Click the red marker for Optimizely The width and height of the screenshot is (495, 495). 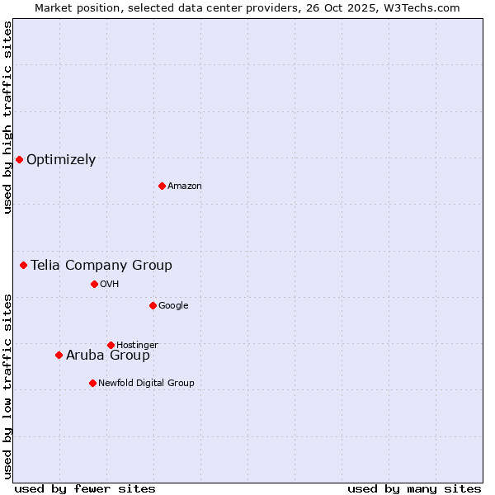click(x=19, y=159)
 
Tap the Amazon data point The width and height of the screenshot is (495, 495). click(x=162, y=186)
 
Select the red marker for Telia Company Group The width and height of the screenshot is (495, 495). click(x=24, y=265)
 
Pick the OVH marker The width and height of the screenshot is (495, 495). click(x=94, y=284)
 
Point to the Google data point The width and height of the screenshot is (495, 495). click(x=153, y=305)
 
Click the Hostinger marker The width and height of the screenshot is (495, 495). click(x=111, y=345)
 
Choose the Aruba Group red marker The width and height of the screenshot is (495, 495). click(x=59, y=355)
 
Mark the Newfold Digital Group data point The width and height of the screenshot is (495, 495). click(x=92, y=383)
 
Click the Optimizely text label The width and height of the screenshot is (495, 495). click(x=61, y=160)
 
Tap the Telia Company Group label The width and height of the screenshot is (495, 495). click(x=101, y=265)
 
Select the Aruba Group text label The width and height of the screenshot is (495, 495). click(x=108, y=356)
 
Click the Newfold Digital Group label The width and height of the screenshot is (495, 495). click(x=146, y=383)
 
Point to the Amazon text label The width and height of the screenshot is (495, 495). click(x=185, y=186)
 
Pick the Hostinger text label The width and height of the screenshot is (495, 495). click(x=137, y=345)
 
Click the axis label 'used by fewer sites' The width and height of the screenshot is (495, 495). click(x=85, y=488)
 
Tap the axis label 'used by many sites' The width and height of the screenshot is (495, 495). click(x=414, y=488)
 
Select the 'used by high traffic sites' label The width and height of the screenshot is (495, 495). click(x=7, y=117)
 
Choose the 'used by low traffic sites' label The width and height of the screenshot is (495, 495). click(x=7, y=385)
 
